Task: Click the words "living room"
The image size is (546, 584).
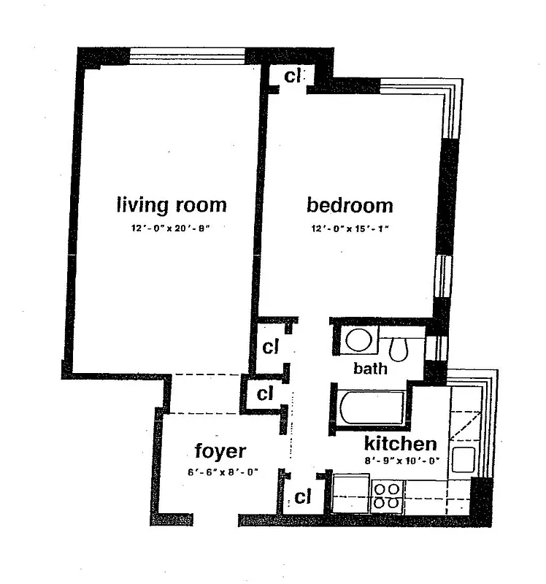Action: click(x=172, y=205)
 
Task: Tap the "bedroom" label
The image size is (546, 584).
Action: click(x=350, y=205)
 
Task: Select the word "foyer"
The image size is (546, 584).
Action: click(x=220, y=450)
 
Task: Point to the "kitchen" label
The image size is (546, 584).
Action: click(x=400, y=442)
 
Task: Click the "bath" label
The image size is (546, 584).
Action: click(x=370, y=369)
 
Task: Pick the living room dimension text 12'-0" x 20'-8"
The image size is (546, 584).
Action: click(x=172, y=228)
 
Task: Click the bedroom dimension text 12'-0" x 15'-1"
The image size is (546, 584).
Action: click(x=350, y=228)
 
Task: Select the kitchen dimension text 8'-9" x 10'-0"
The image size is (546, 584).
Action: click(x=401, y=461)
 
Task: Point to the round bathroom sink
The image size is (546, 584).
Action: click(x=358, y=339)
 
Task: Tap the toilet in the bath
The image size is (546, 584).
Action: click(x=399, y=347)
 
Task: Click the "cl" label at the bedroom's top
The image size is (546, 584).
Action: click(x=293, y=77)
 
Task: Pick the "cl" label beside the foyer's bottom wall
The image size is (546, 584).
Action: click(x=303, y=498)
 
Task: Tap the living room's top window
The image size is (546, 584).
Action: click(x=187, y=56)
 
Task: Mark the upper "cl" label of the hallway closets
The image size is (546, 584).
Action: click(x=271, y=347)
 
